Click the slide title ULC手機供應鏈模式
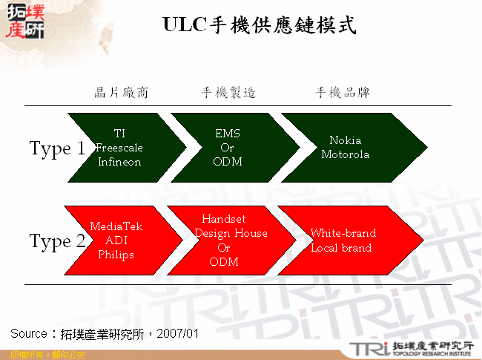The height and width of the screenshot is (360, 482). point(259,26)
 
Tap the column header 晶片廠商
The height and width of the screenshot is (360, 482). point(122,93)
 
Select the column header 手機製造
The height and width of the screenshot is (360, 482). point(228,93)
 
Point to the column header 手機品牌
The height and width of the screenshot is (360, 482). point(343,93)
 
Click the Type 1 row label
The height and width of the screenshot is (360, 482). point(57,148)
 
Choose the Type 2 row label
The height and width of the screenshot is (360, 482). point(57,241)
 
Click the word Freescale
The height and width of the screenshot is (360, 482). point(119,148)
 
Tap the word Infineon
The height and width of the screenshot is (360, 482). point(119,162)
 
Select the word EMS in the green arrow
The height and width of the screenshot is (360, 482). point(228,134)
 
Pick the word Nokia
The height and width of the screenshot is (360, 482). point(345,140)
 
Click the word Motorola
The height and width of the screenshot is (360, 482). point(345,154)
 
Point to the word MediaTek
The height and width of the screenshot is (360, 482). point(116,226)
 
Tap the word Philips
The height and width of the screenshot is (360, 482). point(116,255)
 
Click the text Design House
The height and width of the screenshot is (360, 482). point(231,233)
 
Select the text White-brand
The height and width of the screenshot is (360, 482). point(343,233)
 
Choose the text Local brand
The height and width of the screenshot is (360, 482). point(341,247)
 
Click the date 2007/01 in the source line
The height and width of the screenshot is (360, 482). point(179,333)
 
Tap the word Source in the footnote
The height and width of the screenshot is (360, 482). point(29,333)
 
